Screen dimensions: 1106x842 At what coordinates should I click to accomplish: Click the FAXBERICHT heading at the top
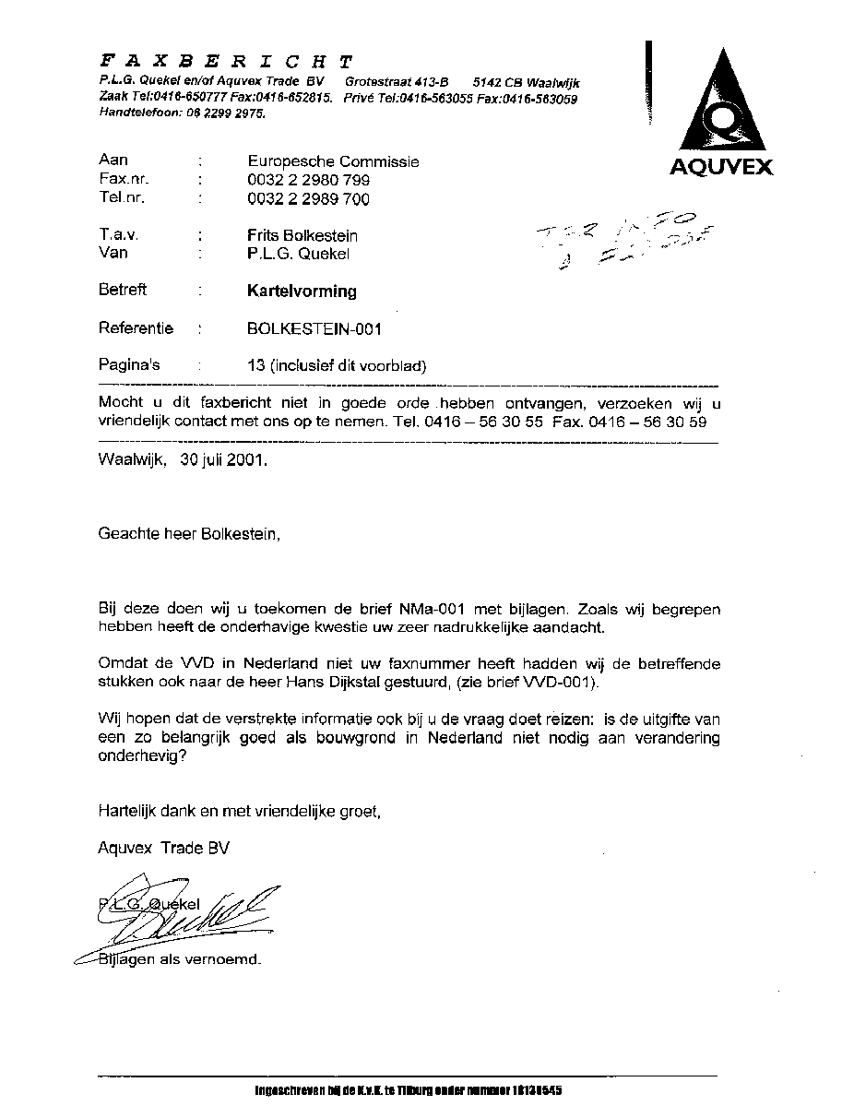(x=226, y=62)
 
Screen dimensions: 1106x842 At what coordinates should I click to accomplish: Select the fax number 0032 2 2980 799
(x=309, y=181)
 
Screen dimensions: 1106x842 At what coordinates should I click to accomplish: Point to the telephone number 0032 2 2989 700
(x=309, y=199)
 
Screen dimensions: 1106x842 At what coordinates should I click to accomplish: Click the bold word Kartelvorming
(x=301, y=291)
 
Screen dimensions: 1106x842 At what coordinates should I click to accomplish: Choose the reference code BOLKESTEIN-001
(x=314, y=328)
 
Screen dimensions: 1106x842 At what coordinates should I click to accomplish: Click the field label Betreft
(x=123, y=290)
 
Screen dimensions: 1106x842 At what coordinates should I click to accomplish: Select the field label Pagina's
(x=129, y=364)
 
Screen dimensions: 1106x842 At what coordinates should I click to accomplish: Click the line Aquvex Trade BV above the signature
(x=163, y=848)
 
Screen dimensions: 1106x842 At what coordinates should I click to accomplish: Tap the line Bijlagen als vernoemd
(x=180, y=959)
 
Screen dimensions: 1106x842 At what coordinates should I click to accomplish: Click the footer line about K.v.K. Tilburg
(x=408, y=1090)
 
